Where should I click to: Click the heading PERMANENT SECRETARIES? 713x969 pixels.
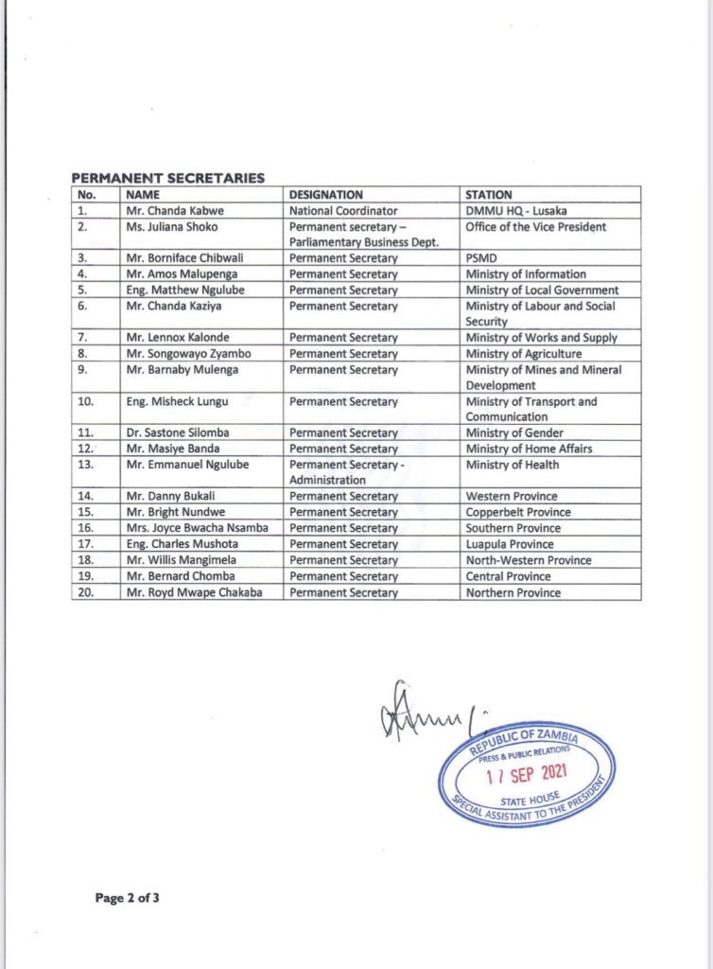167,178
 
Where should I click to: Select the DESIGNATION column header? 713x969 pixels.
325,195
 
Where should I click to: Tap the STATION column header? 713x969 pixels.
489,195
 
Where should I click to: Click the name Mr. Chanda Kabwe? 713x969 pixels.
171,211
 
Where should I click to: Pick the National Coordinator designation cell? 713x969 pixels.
343,211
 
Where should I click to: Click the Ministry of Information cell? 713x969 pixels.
525,274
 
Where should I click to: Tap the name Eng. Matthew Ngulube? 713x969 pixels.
180,291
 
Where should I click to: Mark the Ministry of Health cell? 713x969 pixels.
512,465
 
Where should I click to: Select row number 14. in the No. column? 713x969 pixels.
85,497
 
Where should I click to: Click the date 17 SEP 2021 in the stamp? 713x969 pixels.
526,778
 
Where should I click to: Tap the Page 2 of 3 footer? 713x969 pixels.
128,898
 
